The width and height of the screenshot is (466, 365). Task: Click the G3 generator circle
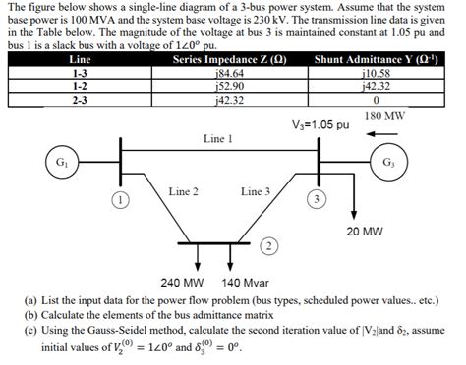(387, 162)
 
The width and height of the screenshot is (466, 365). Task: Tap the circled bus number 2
(266, 243)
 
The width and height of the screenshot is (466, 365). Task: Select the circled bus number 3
(316, 199)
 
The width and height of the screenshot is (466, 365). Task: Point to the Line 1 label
(217, 139)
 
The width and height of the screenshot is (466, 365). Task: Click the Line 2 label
(184, 192)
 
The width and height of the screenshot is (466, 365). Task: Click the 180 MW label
(384, 116)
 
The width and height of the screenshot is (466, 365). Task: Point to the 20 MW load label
(365, 233)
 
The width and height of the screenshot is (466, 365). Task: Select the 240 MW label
(182, 281)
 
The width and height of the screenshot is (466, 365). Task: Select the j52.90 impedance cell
(228, 84)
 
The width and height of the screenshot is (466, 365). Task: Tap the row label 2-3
(79, 97)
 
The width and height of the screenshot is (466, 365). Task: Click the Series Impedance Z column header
(228, 59)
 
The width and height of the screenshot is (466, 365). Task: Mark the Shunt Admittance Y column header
(377, 59)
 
